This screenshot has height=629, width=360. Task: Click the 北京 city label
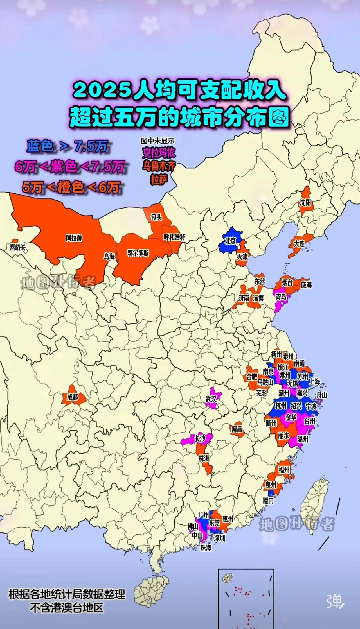click(x=230, y=241)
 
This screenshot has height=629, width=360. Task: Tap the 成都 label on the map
click(x=73, y=397)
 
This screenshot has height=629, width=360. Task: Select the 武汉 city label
click(x=211, y=399)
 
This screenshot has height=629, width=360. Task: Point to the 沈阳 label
click(x=305, y=202)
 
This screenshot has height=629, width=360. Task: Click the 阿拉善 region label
click(x=74, y=238)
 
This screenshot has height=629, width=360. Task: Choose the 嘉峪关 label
click(x=18, y=247)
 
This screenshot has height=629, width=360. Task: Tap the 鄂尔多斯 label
click(x=138, y=253)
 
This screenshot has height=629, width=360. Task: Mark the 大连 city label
click(x=299, y=244)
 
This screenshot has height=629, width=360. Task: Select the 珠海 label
click(x=206, y=548)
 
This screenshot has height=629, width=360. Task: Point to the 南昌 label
click(x=237, y=429)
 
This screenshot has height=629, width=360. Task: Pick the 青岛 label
click(x=281, y=297)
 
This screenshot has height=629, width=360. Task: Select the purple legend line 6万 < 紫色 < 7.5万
click(x=69, y=167)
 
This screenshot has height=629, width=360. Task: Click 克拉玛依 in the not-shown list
click(x=159, y=153)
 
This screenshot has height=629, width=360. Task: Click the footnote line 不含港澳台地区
click(x=67, y=608)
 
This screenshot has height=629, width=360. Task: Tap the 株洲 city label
click(x=204, y=459)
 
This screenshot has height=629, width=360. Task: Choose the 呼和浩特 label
click(x=174, y=237)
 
